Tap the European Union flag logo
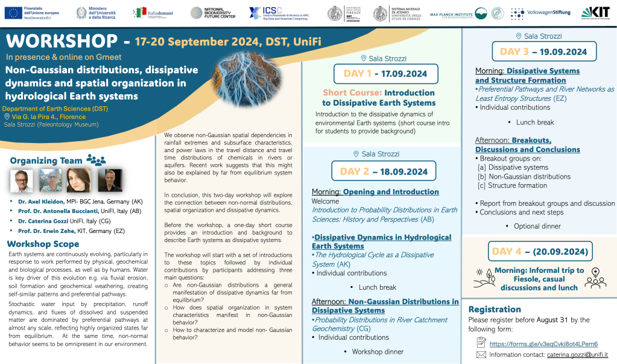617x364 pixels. [x=13, y=13]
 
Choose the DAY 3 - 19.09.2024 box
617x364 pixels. [x=544, y=51]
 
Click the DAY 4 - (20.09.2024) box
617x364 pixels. [x=540, y=251]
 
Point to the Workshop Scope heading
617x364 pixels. [x=43, y=244]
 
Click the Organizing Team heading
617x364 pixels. [x=47, y=161]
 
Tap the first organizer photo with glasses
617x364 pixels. [x=22, y=180]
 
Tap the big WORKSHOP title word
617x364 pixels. [x=61, y=42]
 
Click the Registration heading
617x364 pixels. [x=495, y=309]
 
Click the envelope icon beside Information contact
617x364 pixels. [x=481, y=354]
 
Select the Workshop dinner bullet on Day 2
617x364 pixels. [x=378, y=351]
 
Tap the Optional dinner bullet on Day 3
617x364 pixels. [x=537, y=226]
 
